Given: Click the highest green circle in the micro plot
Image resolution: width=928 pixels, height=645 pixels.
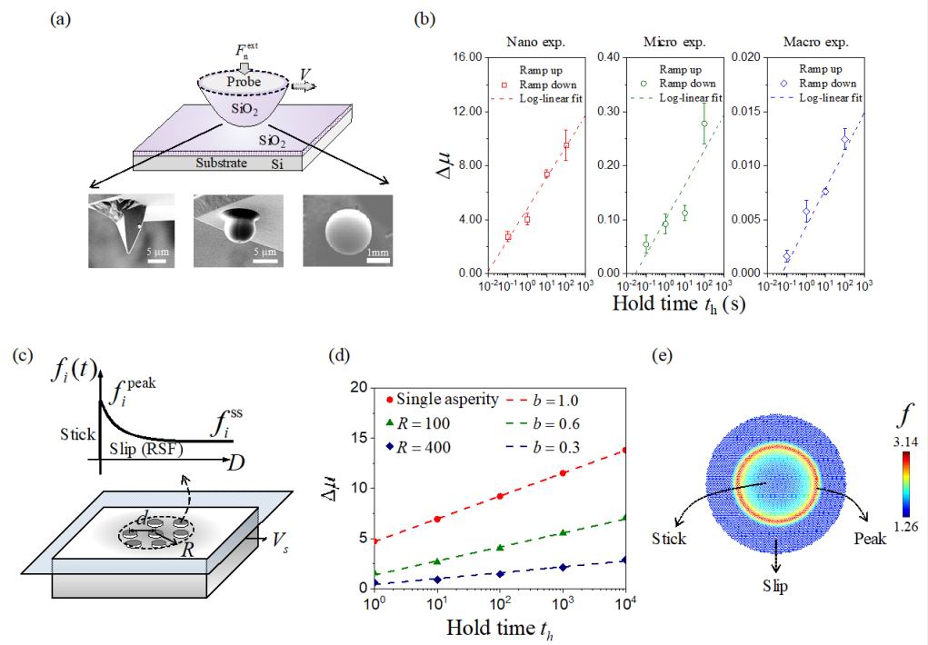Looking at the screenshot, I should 703,124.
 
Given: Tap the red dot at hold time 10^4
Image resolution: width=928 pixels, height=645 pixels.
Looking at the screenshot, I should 624,450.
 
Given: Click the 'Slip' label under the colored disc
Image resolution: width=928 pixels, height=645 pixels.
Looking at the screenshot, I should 775,586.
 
